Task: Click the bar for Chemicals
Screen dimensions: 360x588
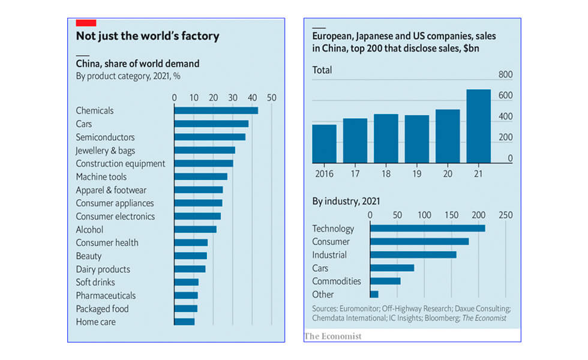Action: click(x=216, y=110)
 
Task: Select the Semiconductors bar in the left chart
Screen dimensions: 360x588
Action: click(x=209, y=137)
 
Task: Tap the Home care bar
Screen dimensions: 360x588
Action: click(x=184, y=322)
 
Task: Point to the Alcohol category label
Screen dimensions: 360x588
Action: click(x=89, y=229)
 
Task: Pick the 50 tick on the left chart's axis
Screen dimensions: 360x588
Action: click(x=271, y=97)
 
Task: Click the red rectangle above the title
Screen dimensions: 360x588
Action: click(x=86, y=23)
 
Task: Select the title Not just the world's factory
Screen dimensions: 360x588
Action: click(x=147, y=36)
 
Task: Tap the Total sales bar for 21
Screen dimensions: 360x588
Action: click(x=478, y=126)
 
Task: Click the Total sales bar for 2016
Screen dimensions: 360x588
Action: click(x=325, y=143)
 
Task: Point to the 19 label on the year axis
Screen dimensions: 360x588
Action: click(x=416, y=173)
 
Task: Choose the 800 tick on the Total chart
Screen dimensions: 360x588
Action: click(x=506, y=75)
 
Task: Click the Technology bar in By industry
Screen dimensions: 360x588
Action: click(x=427, y=228)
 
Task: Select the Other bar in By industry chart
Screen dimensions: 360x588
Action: click(x=374, y=294)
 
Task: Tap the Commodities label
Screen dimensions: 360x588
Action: click(x=337, y=281)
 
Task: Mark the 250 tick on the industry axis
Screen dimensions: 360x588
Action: click(x=506, y=215)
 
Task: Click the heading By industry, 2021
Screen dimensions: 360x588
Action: click(x=346, y=202)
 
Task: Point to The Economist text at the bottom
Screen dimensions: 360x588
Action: click(x=333, y=336)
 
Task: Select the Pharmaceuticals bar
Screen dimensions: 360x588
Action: click(x=186, y=295)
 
